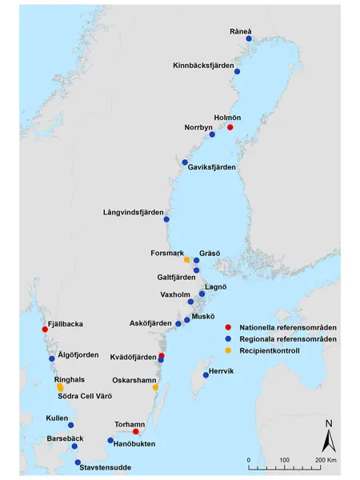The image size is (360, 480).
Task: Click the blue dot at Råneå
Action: [249, 38]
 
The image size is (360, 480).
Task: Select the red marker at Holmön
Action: [230, 127]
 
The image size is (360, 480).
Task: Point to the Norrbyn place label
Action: [199, 127]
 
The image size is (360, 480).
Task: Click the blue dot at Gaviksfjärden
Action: [185, 162]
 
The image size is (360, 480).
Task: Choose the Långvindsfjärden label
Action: [137, 212]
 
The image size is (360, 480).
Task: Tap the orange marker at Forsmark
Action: [186, 260]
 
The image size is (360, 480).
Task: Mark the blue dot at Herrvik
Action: [206, 374]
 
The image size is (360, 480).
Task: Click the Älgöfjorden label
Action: [78, 354]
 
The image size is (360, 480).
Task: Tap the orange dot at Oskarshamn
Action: [156, 387]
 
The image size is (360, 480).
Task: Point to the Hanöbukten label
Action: [133, 443]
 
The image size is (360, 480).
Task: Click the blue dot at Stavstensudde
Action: [78, 462]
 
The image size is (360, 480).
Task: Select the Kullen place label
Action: [57, 418]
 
